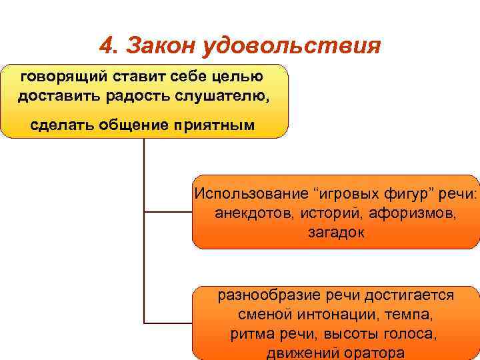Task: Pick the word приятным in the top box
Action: click(219, 125)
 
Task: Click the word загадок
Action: click(336, 233)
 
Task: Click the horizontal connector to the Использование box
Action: click(168, 213)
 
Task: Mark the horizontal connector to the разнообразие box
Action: click(168, 323)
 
